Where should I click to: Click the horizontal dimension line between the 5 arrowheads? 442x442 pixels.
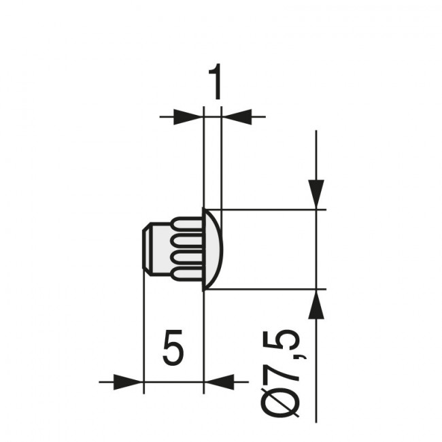pyautogui.click(x=173, y=382)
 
